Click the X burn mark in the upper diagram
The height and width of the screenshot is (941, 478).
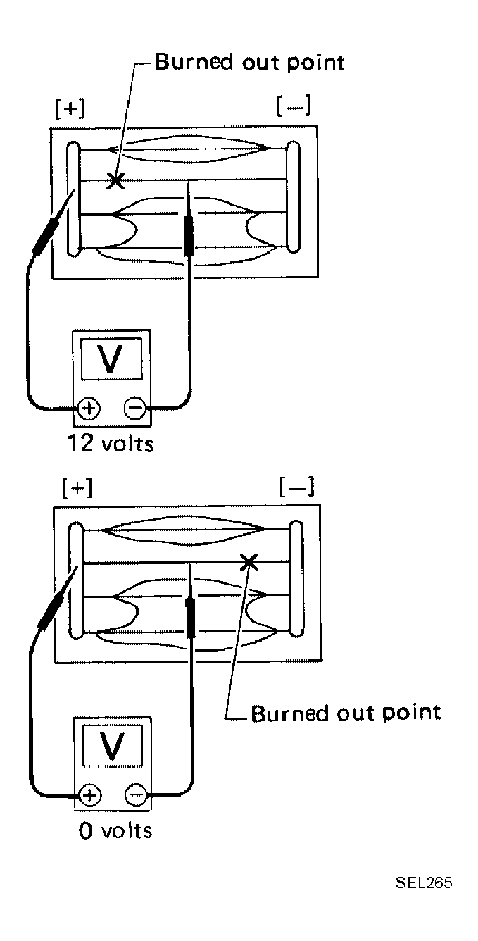click(115, 180)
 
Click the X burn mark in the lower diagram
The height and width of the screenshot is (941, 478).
click(249, 562)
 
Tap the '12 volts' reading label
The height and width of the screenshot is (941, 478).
click(111, 443)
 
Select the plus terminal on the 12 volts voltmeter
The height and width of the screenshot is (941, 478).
click(89, 408)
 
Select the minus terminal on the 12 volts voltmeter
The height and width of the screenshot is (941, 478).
click(135, 408)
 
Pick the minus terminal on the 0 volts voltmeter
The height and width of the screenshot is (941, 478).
click(136, 795)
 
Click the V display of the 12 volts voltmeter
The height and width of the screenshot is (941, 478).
click(111, 359)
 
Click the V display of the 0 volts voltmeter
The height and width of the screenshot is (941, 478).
click(113, 746)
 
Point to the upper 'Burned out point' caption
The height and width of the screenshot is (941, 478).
click(250, 62)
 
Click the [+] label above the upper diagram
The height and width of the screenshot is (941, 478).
click(70, 108)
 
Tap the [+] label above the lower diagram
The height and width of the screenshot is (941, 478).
click(77, 489)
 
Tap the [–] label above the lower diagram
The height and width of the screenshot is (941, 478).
click(296, 487)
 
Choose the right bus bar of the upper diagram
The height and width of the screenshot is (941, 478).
click(293, 197)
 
